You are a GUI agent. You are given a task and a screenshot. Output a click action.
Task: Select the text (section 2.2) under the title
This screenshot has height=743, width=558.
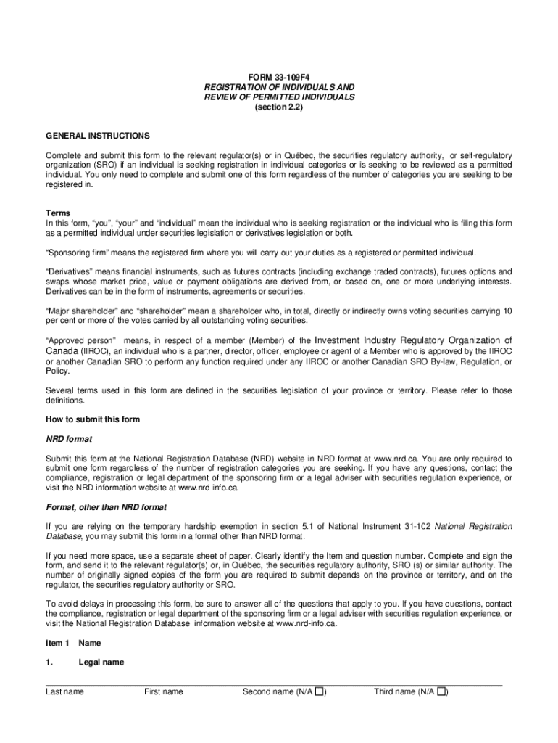point(279,107)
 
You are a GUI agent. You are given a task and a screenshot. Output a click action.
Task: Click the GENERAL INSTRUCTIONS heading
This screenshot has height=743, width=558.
point(98,136)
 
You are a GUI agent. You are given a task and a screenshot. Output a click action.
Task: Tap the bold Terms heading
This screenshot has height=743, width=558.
point(58,213)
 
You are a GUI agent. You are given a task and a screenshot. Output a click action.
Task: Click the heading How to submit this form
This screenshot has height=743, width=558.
point(93,419)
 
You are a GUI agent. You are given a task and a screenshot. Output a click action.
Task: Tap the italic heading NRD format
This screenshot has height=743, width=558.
point(69,439)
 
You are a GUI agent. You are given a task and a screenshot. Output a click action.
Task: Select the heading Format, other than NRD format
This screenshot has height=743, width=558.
point(107,506)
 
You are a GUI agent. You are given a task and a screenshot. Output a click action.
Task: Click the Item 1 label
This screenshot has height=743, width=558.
point(57,643)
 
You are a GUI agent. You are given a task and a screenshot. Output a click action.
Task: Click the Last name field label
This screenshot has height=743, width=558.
point(64,691)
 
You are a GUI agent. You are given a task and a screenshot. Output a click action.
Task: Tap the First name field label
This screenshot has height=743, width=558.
point(163,691)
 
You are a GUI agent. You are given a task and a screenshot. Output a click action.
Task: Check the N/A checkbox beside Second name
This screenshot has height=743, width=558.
point(319,691)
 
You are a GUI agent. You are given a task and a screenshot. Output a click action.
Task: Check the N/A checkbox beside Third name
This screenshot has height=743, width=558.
point(441,691)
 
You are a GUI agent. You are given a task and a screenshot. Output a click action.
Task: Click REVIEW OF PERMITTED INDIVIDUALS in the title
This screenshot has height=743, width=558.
point(279,97)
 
